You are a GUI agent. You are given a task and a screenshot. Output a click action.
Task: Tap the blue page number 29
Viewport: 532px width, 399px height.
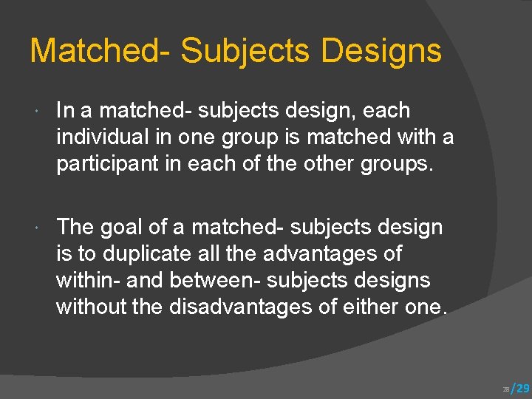[x=522, y=388]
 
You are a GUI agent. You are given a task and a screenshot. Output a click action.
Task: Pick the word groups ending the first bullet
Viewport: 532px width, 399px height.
[x=404, y=164]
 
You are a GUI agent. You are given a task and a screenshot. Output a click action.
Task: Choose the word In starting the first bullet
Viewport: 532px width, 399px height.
[x=65, y=111]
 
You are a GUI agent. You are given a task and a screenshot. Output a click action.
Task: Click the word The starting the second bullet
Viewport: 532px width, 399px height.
[x=75, y=227]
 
